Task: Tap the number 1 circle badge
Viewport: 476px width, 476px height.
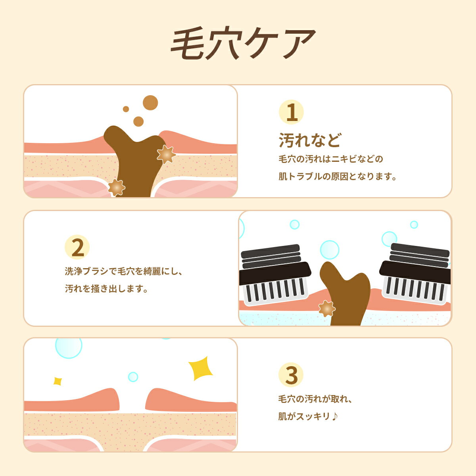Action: pyautogui.click(x=292, y=112)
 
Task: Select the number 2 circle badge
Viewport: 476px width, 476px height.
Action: pyautogui.click(x=77, y=248)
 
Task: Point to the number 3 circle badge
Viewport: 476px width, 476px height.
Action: pyautogui.click(x=291, y=375)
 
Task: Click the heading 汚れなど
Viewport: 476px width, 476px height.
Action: pyautogui.click(x=310, y=140)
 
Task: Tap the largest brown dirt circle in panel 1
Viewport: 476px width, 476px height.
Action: pyautogui.click(x=150, y=103)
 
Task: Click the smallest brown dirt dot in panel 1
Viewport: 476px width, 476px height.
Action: pyautogui.click(x=126, y=109)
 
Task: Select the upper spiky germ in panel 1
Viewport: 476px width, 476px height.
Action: pyautogui.click(x=166, y=154)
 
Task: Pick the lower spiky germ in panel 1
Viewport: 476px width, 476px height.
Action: pyautogui.click(x=116, y=187)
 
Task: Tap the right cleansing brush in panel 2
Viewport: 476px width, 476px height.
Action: pyautogui.click(x=416, y=274)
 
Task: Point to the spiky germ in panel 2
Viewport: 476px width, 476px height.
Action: pyautogui.click(x=326, y=309)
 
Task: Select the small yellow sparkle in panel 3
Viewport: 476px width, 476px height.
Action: pyautogui.click(x=58, y=381)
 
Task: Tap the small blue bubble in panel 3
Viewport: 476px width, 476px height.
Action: pyautogui.click(x=133, y=377)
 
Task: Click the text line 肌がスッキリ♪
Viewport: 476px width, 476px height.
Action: pyautogui.click(x=308, y=416)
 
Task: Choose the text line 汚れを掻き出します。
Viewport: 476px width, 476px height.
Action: pyautogui.click(x=107, y=289)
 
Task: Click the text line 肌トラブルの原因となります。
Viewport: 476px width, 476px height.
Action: pyautogui.click(x=338, y=177)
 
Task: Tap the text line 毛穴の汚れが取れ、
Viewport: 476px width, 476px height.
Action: pyautogui.click(x=315, y=399)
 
